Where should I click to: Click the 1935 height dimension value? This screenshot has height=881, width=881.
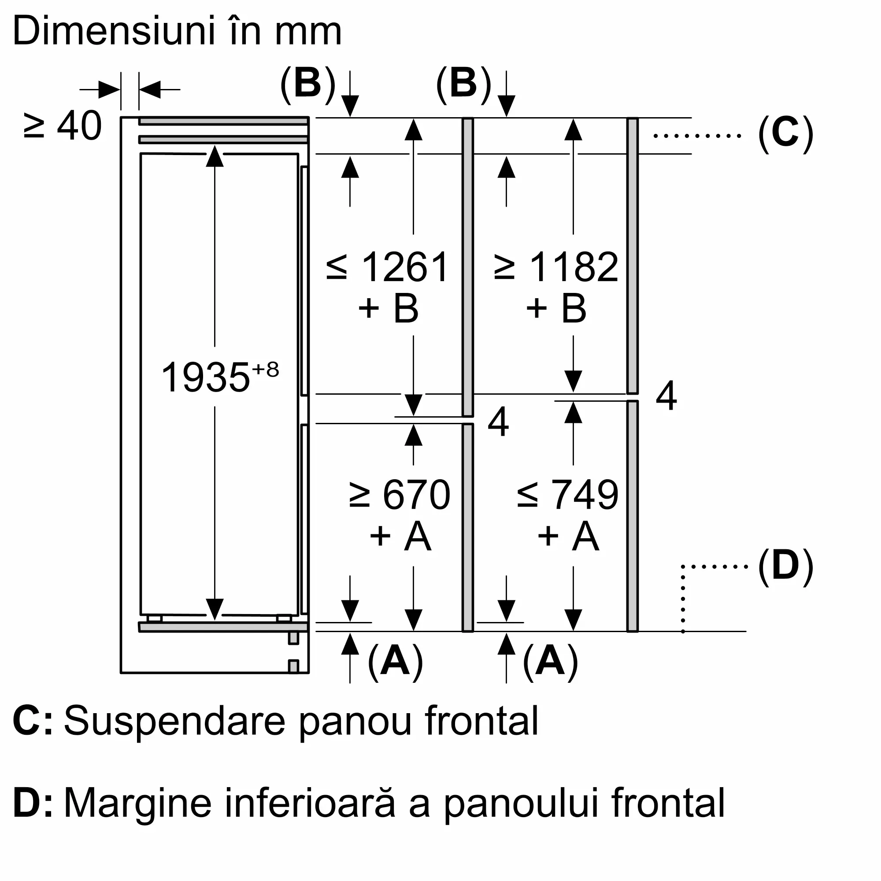206,377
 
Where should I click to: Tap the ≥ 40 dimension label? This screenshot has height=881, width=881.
63,126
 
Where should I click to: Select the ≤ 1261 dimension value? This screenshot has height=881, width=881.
388,267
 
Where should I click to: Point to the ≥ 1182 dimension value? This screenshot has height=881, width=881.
556,267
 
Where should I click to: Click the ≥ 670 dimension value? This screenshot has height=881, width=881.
400,494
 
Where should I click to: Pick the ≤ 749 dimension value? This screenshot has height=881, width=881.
567,494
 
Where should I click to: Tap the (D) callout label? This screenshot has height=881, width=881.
786,566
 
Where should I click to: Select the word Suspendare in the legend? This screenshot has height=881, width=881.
174,721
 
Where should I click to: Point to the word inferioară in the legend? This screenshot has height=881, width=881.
310,803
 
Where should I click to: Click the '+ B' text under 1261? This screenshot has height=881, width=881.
388,308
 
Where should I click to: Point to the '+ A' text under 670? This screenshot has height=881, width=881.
400,536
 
